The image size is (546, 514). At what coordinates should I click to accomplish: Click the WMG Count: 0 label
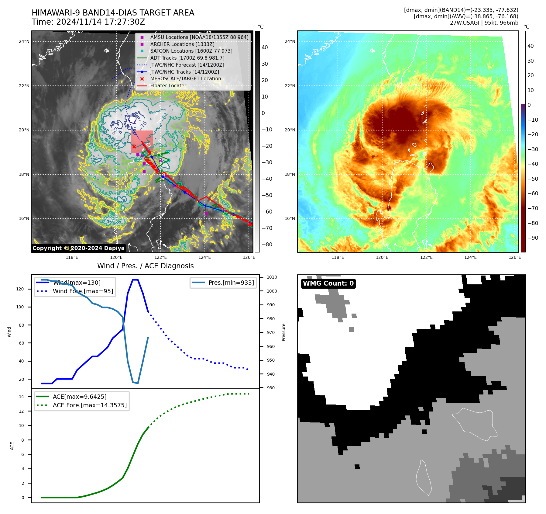pyautogui.click(x=328, y=283)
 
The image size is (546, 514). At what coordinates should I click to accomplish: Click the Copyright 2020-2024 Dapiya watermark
pyautogui.click(x=78, y=248)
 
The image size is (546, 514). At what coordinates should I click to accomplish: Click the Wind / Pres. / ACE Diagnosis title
pyautogui.click(x=145, y=266)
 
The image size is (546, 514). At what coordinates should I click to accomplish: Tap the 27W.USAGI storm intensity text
pyautogui.click(x=484, y=23)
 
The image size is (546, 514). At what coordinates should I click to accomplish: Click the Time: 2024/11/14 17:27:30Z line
pyautogui.click(x=88, y=22)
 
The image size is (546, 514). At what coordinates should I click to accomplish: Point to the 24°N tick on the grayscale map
pyautogui.click(x=24, y=42)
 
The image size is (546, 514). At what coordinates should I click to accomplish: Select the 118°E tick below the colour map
pyautogui.click(x=338, y=257)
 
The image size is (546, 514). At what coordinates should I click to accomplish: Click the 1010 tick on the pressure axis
pyautogui.click(x=272, y=277)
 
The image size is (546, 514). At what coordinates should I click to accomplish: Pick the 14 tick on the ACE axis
pyautogui.click(x=21, y=397)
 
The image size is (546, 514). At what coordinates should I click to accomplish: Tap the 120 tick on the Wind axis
pyautogui.click(x=20, y=289)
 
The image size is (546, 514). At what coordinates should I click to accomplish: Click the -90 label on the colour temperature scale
pyautogui.click(x=533, y=238)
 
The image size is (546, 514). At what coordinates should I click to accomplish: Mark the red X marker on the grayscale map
pyautogui.click(x=134, y=147)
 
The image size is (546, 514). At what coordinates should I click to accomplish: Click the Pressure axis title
pyautogui.click(x=283, y=332)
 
